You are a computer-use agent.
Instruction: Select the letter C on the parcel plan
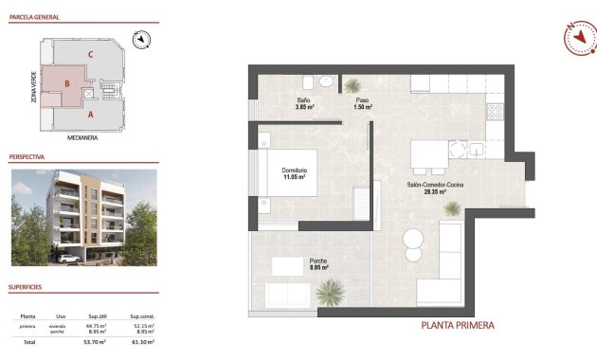click(90, 54)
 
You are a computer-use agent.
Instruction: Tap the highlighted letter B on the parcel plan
click(66, 83)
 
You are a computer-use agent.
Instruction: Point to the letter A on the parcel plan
click(90, 115)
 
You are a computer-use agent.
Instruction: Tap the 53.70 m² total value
click(96, 341)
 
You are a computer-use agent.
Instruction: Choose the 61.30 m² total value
click(143, 341)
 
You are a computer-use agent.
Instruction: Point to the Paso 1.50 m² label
click(362, 103)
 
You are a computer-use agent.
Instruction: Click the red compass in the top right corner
click(578, 38)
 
